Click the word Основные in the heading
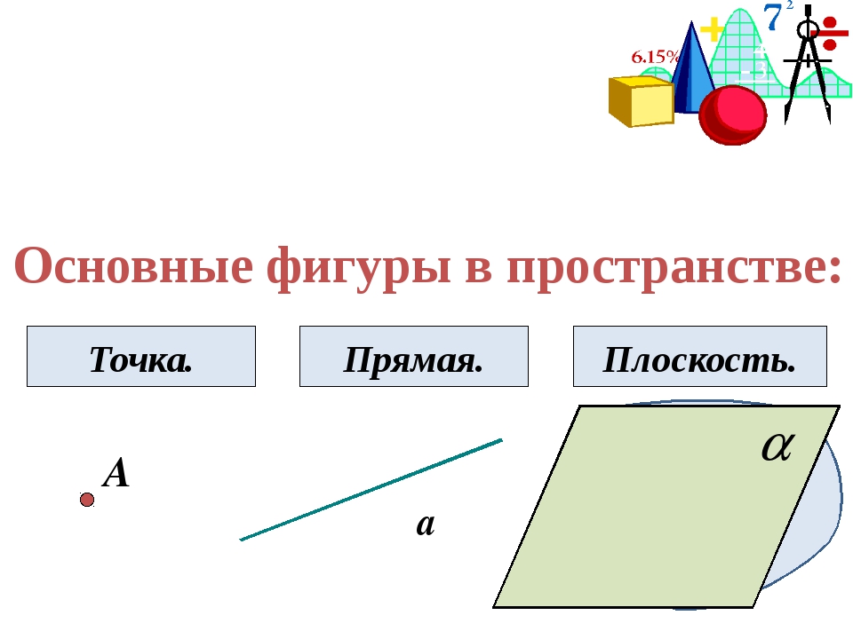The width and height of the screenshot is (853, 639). (x=133, y=266)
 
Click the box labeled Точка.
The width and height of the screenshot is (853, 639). (x=141, y=357)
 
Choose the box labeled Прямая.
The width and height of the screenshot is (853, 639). (x=414, y=357)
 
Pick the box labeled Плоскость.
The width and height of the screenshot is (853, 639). (x=700, y=357)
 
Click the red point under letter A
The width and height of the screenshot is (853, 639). (x=87, y=500)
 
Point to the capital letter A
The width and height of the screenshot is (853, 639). (x=116, y=473)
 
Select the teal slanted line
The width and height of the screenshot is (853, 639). (x=371, y=490)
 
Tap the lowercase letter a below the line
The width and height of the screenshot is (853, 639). (x=426, y=525)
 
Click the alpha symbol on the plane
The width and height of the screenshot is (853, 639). (x=778, y=446)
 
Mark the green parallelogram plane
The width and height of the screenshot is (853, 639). (x=666, y=507)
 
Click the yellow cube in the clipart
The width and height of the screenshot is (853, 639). (x=641, y=101)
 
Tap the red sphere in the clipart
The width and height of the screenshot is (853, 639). (x=733, y=115)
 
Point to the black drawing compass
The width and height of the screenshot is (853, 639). (x=808, y=64)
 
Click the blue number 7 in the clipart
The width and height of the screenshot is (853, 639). (x=773, y=18)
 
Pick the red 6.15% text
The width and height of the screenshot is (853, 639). (x=656, y=57)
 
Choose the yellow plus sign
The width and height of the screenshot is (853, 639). (x=712, y=30)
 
